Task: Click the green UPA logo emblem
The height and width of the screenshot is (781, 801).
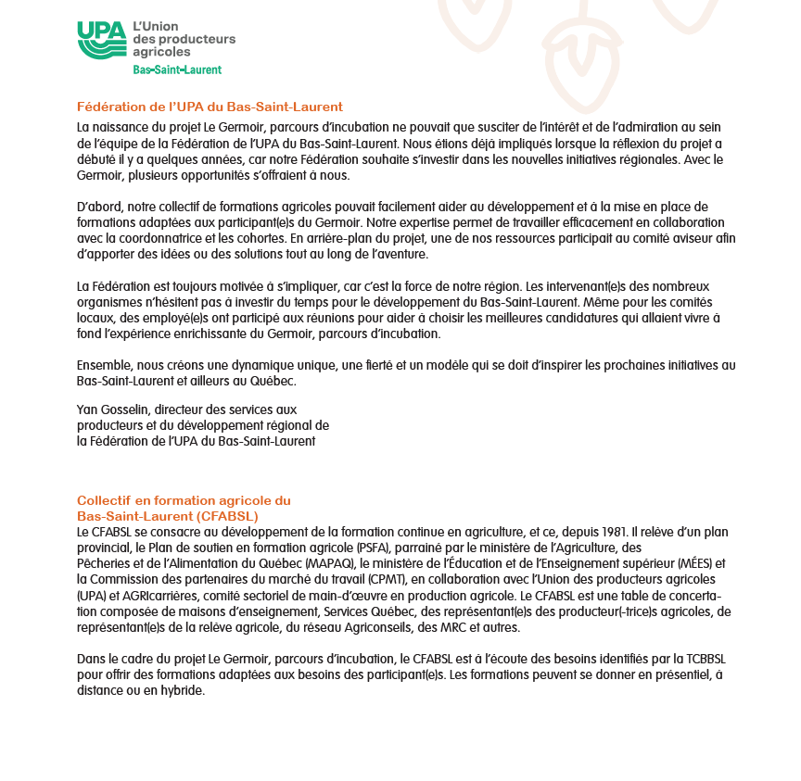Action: coord(101,40)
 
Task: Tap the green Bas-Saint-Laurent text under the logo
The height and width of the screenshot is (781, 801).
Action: coord(177,69)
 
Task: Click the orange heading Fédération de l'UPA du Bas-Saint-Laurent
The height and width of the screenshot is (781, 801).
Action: coord(210,107)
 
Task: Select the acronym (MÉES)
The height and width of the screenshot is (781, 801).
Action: coord(698,563)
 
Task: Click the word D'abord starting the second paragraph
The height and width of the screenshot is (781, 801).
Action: coord(97,205)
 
